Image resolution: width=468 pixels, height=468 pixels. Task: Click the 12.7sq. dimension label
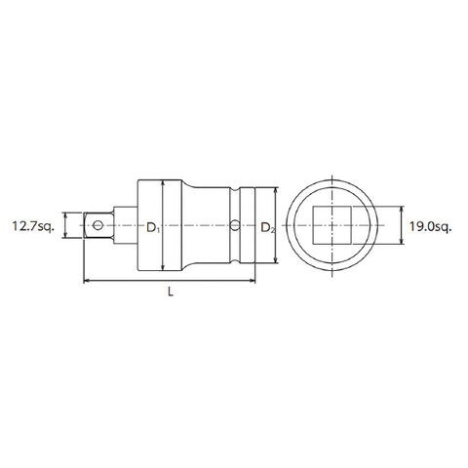coord(32,226)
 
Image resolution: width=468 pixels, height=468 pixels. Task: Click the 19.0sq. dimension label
coord(430,226)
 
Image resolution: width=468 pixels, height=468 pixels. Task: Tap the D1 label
coord(153,228)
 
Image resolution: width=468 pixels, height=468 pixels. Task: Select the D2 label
coord(268,228)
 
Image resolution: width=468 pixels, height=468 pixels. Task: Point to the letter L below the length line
coord(171,292)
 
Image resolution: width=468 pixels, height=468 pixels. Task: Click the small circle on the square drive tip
coord(97,225)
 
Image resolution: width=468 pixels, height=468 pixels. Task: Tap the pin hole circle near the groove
coord(235,225)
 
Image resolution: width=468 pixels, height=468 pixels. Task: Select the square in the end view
coord(331,225)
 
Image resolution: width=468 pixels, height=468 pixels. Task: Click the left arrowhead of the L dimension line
coord(87,280)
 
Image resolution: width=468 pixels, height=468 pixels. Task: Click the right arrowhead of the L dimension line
coord(253,280)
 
